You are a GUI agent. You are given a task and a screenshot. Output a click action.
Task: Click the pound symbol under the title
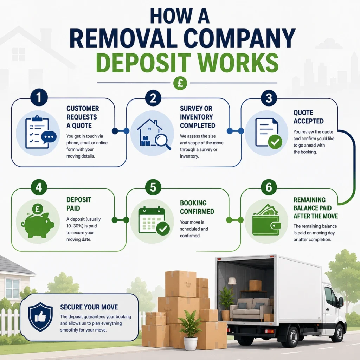pyautogui.click(x=180, y=83)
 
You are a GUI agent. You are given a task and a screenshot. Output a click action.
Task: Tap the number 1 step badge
pyautogui.click(x=39, y=97)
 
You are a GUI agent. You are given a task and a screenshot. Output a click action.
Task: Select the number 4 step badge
pyautogui.click(x=39, y=187)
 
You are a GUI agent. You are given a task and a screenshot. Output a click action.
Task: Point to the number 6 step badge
pyautogui.click(x=269, y=187)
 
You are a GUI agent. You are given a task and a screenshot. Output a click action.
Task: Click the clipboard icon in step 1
pyautogui.click(x=37, y=133)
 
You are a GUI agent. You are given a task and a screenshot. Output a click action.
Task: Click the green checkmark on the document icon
pyautogui.click(x=275, y=142)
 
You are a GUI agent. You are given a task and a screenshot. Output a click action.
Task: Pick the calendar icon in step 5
pyautogui.click(x=152, y=220)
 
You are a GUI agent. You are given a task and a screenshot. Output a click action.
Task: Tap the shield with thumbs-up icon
pyautogui.click(x=40, y=317)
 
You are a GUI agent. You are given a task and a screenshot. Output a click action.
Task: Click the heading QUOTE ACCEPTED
pyautogui.click(x=309, y=117)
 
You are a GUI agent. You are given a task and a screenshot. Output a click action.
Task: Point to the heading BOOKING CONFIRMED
pyautogui.click(x=197, y=207)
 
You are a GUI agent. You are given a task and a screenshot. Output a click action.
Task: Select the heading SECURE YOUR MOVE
pyautogui.click(x=89, y=307)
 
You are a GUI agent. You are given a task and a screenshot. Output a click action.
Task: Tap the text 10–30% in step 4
pyautogui.click(x=75, y=226)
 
